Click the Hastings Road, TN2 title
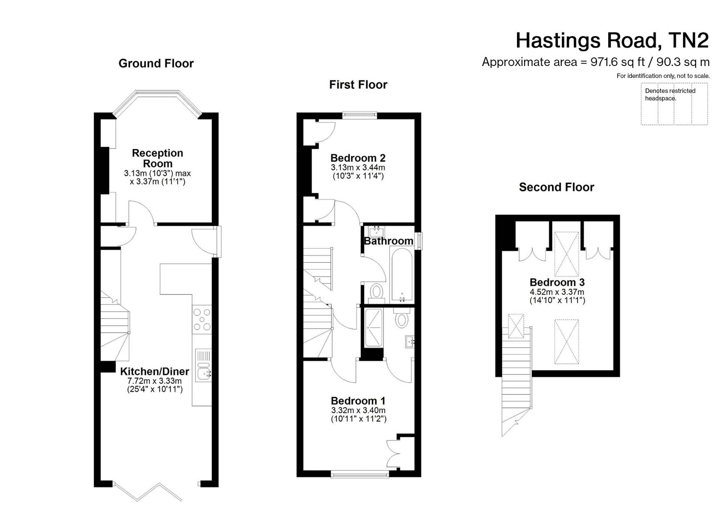[x=612, y=40]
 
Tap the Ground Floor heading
[x=156, y=63]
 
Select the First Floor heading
[x=358, y=84]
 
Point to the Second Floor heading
[x=556, y=187]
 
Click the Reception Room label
[x=158, y=158]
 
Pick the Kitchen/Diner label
[x=154, y=371]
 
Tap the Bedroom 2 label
[x=358, y=158]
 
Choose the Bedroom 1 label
[x=358, y=401]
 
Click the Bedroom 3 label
[x=557, y=282]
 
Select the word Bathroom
[x=388, y=241]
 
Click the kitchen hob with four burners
[x=202, y=320]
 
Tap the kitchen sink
[x=204, y=365]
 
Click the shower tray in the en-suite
[x=374, y=328]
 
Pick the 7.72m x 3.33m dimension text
[x=155, y=381]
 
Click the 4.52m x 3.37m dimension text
[x=557, y=292]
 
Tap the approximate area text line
[x=596, y=62]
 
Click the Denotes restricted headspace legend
[x=670, y=94]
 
